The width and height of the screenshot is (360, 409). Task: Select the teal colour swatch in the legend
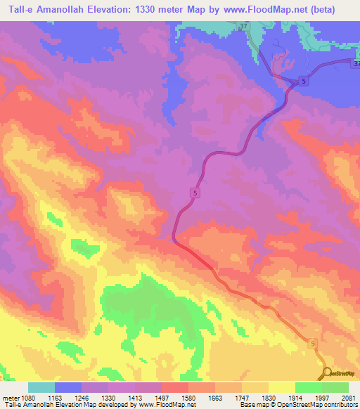coord(41,387)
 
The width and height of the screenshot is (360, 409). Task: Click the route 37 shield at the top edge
coord(244,27)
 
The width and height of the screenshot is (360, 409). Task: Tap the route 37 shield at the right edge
coord(356,64)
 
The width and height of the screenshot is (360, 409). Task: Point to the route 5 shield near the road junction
coord(303,81)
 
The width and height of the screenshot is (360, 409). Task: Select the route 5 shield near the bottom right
coord(311,343)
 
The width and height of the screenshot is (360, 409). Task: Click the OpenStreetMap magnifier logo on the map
coord(326,373)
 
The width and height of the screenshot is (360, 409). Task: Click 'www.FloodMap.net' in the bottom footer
coord(168,405)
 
